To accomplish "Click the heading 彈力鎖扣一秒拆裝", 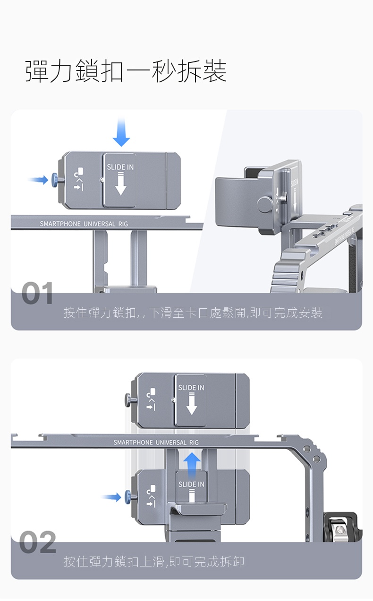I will click(126, 71).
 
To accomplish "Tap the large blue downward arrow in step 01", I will click(121, 132).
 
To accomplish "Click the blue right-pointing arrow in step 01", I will click(38, 179).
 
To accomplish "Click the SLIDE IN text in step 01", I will click(120, 167).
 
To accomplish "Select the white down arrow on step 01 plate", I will click(121, 184).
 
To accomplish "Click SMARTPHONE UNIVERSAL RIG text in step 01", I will click(84, 224).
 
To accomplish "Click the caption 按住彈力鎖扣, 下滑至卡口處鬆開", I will click(193, 313).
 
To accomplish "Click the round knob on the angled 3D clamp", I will click(264, 204).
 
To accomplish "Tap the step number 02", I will click(38, 542).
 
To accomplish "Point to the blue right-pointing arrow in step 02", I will click(111, 497).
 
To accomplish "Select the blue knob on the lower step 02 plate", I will click(128, 497).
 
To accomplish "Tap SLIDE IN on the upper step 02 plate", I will click(191, 388).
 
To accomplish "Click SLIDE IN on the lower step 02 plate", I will click(191, 484).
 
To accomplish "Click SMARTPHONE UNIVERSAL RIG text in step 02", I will click(156, 443).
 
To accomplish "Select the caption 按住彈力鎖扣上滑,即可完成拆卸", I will click(154, 562).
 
